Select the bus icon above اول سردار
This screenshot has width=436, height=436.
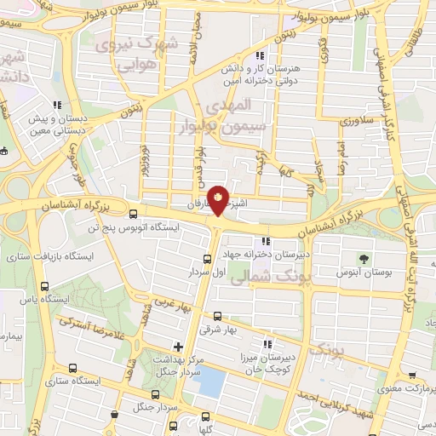[x=208, y=260]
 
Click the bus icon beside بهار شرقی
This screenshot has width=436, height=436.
[x=218, y=315]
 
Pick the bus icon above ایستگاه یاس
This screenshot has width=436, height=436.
[x=44, y=286]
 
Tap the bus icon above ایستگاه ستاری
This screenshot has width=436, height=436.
[x=72, y=368]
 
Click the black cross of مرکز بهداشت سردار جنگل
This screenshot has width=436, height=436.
[x=177, y=346]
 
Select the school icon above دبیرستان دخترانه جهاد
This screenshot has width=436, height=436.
[x=267, y=240]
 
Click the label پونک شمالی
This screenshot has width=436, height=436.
[x=266, y=276]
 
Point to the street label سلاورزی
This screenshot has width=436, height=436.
[x=351, y=122]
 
